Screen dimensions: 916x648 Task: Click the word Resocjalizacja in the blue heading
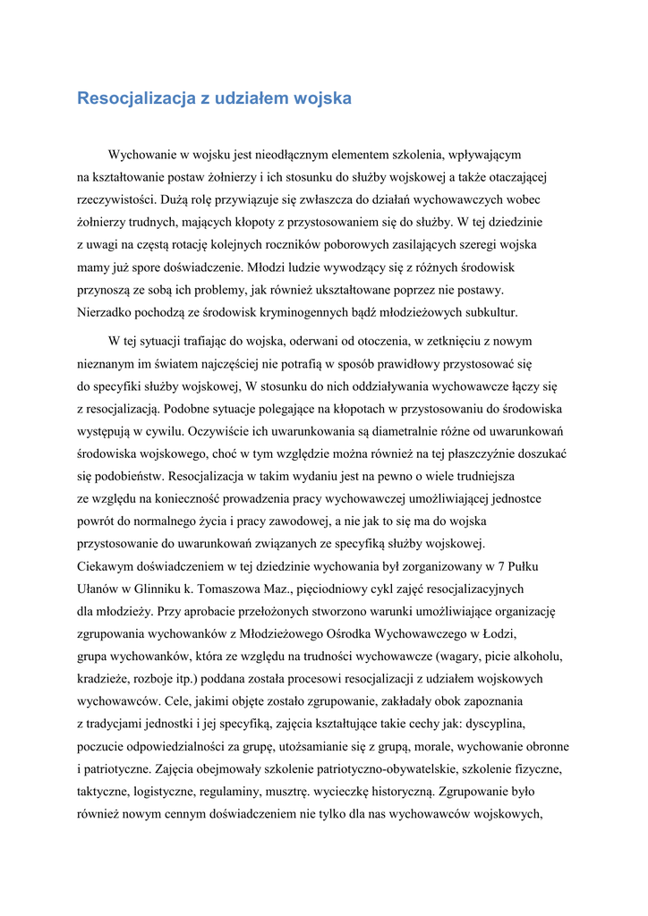coord(135,98)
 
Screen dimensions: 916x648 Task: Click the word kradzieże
coord(107,679)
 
